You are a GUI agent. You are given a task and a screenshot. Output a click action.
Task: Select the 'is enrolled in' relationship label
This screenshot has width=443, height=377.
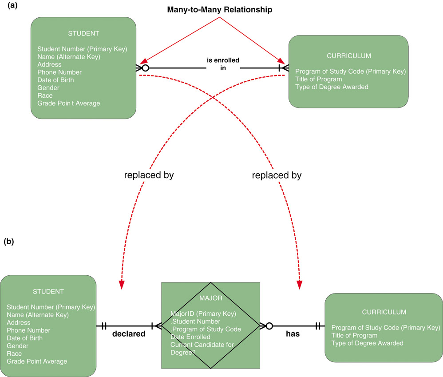(223, 64)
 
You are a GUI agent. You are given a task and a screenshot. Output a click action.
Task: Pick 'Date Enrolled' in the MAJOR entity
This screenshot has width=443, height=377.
(191, 337)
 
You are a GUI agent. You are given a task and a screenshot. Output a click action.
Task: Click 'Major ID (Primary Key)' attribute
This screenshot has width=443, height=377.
(203, 314)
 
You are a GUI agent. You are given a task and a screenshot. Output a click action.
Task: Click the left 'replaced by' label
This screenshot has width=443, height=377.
(149, 175)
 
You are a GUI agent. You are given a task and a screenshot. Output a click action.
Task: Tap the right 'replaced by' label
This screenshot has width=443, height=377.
(277, 175)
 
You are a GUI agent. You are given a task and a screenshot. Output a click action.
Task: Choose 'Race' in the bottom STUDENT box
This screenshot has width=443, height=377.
(14, 353)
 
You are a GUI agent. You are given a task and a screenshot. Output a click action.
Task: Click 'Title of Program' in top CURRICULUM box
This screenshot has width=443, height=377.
(318, 79)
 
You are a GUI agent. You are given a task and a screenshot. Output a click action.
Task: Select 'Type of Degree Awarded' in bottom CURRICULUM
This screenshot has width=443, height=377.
(367, 343)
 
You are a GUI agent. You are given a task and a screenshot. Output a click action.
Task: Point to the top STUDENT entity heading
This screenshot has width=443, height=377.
(83, 33)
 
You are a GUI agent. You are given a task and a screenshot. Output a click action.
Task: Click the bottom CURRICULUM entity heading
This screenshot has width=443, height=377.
(384, 312)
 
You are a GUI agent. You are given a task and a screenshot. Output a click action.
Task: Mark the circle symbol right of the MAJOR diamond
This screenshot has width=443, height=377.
(269, 326)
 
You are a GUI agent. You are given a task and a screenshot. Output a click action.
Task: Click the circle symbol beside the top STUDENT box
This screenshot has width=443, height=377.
(144, 68)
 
